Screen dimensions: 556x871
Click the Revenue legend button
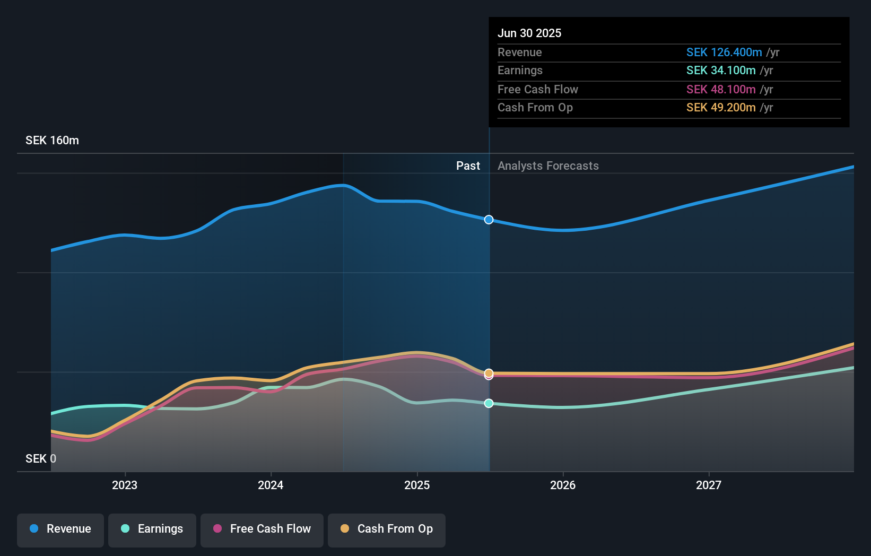tap(60, 529)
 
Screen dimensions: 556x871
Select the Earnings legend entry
tap(152, 529)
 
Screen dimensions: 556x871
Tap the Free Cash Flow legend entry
tap(262, 529)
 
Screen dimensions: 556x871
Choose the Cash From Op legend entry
tap(387, 529)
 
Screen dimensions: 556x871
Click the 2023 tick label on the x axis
tap(125, 485)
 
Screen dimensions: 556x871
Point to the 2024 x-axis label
tap(271, 485)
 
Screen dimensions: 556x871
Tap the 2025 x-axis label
tap(417, 485)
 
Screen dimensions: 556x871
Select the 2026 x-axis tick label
tap(563, 485)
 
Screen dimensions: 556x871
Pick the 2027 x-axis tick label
tap(709, 485)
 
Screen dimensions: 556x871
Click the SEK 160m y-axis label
tap(52, 141)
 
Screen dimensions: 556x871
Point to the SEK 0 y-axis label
tap(41, 458)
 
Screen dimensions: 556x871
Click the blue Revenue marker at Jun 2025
tap(489, 220)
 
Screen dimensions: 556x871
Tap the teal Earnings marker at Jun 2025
tap(489, 403)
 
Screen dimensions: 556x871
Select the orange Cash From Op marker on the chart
tap(489, 373)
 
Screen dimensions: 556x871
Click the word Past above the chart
tap(468, 166)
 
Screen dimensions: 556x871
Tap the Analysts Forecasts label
tap(548, 166)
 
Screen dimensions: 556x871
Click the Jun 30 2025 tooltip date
tap(529, 33)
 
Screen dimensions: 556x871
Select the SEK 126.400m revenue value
tap(724, 53)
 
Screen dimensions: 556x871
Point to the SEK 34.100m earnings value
tap(720, 71)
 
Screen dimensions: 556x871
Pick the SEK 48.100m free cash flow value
tap(720, 90)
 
